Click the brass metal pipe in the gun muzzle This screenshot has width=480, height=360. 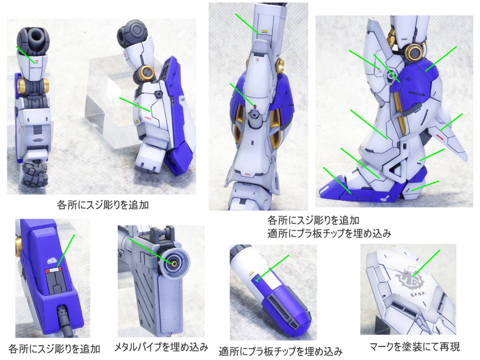point(174,264)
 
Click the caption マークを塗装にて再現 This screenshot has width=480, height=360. point(415,347)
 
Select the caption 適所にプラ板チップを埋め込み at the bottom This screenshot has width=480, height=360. point(280,351)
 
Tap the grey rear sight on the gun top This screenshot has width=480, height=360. point(163,234)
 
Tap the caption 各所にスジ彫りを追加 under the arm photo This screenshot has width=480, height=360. point(103,205)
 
